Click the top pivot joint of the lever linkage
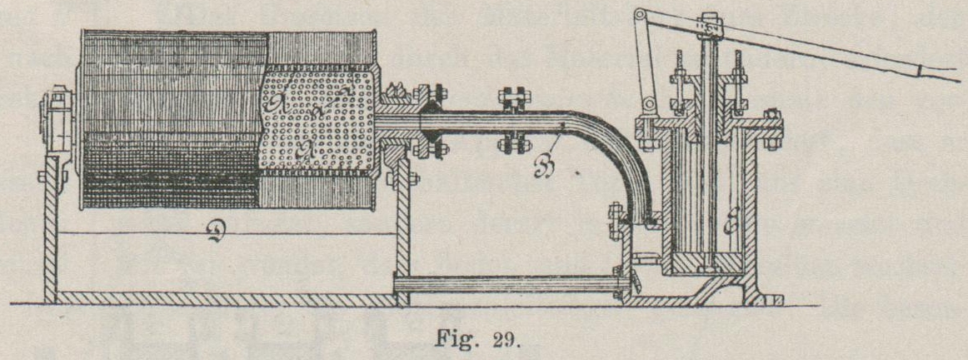point(640,15)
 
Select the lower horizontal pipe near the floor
point(504,284)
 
